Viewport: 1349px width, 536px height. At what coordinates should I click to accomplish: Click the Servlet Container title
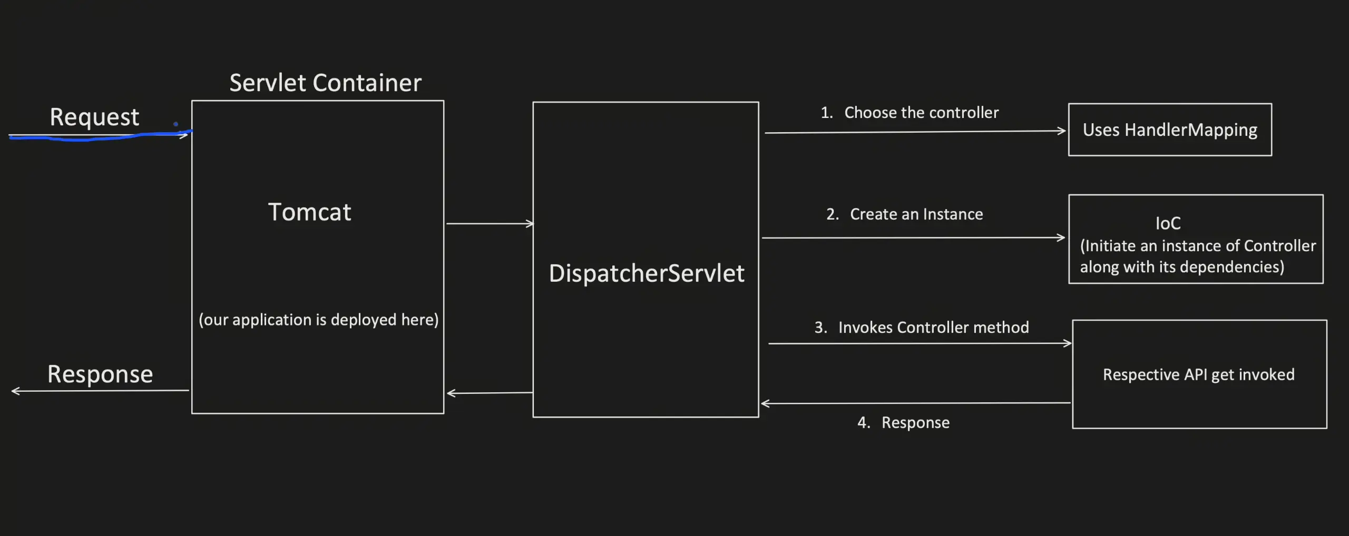(x=325, y=83)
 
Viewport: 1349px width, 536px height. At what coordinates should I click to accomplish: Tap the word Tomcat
(x=309, y=212)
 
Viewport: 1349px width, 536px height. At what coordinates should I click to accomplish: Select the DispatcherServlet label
(x=647, y=273)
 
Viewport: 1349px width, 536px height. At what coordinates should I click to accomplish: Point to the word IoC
(x=1168, y=223)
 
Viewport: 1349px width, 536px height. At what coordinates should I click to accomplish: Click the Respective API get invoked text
(x=1198, y=374)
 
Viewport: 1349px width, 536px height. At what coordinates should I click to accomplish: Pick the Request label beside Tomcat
(x=94, y=117)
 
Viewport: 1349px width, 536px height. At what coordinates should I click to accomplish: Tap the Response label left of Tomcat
(x=100, y=374)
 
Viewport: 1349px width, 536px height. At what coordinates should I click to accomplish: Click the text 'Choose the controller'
(x=921, y=113)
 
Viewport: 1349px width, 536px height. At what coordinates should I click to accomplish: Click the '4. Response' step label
(x=903, y=422)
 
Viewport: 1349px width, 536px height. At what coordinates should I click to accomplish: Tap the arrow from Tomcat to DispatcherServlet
(x=490, y=224)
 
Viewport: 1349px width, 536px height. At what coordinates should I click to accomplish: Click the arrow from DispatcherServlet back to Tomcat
(x=490, y=393)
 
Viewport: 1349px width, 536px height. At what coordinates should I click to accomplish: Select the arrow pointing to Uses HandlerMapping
(x=915, y=132)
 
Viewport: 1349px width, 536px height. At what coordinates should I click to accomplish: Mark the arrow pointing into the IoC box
(x=914, y=238)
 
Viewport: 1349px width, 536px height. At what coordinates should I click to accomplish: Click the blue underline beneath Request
(x=100, y=137)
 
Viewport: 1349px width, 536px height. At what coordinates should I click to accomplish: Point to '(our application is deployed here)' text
(x=318, y=320)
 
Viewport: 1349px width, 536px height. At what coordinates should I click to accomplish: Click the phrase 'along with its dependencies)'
(x=1182, y=267)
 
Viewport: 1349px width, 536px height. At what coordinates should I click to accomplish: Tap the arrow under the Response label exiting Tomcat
(x=100, y=391)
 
